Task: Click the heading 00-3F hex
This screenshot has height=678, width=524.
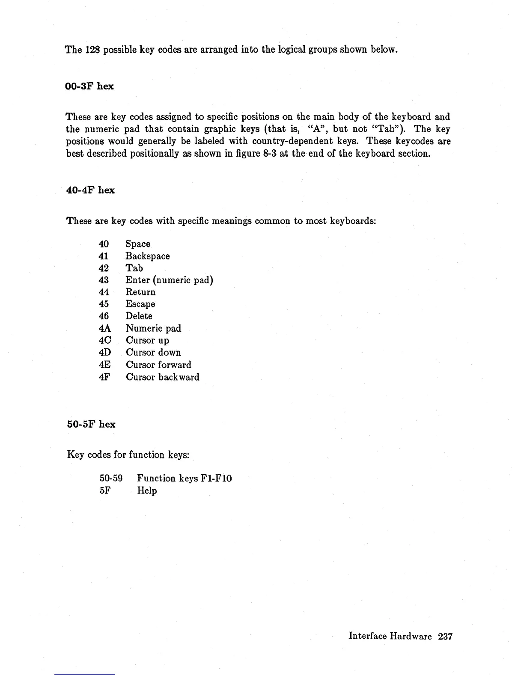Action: pyautogui.click(x=89, y=86)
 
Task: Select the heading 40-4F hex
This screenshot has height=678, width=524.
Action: pyautogui.click(x=90, y=190)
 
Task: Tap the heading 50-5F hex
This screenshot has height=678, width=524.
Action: pyautogui.click(x=91, y=424)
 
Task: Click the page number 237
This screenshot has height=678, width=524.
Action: pyautogui.click(x=445, y=636)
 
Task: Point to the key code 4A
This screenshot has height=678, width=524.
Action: pyautogui.click(x=104, y=328)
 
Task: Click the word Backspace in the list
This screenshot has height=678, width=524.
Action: pyautogui.click(x=147, y=256)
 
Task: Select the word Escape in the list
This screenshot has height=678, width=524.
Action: pyautogui.click(x=140, y=304)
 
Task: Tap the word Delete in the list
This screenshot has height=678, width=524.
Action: pyautogui.click(x=139, y=316)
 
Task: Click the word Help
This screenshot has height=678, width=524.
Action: pyautogui.click(x=147, y=491)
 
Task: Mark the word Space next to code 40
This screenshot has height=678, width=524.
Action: pyautogui.click(x=137, y=244)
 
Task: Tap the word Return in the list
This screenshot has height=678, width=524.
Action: pyautogui.click(x=140, y=292)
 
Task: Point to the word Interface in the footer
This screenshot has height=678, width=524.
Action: pyautogui.click(x=368, y=636)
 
